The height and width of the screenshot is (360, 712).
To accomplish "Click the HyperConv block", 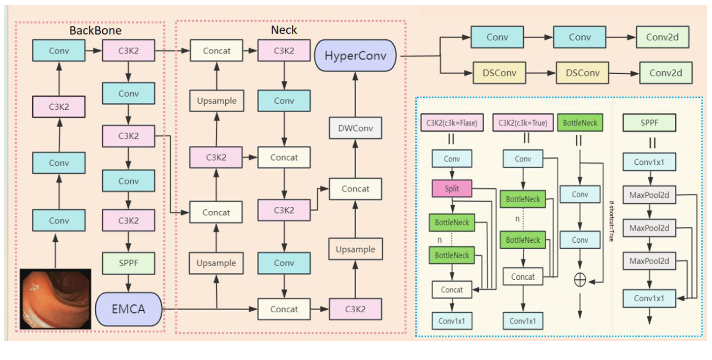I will click(x=356, y=56).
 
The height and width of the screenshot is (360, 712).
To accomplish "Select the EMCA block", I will click(x=128, y=309).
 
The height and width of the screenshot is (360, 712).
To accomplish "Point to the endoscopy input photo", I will click(x=56, y=298).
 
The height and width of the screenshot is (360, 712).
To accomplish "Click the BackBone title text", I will click(x=95, y=30).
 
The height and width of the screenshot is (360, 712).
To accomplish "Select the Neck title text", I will click(x=284, y=30).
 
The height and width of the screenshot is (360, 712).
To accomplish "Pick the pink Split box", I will click(x=451, y=189).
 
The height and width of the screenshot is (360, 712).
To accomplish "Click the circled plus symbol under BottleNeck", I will click(x=580, y=280).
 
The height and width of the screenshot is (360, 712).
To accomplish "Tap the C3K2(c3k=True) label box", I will click(x=522, y=123).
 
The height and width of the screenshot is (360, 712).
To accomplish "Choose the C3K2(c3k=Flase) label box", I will click(x=452, y=123).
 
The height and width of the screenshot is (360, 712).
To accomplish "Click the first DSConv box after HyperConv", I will click(x=498, y=73).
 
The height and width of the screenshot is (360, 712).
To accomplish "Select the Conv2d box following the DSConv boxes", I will click(x=666, y=73).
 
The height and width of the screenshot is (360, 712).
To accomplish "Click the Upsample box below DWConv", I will click(x=355, y=249).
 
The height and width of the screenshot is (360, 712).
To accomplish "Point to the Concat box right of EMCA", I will click(x=284, y=309).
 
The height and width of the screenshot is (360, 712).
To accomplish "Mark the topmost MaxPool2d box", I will click(x=649, y=195).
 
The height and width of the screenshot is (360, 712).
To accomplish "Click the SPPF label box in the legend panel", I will click(x=649, y=123).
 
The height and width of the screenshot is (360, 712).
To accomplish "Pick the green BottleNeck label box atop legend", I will click(x=580, y=123).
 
